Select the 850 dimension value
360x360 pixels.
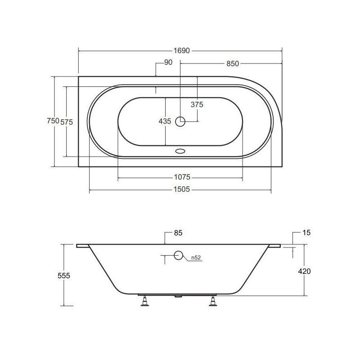pos(232,63)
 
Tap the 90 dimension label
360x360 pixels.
pos(168,63)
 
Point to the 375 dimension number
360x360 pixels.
pos(197,104)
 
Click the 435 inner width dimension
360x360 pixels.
pos(165,121)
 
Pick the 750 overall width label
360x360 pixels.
pos(53,121)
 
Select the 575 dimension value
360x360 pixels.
pos(67,121)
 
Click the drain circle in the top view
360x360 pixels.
pos(180,121)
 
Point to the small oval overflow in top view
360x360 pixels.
pos(181,151)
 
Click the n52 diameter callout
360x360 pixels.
pos(196,257)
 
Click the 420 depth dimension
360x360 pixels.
pos(305,271)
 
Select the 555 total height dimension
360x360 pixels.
pos(64,276)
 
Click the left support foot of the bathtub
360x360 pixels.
pos(145,301)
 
